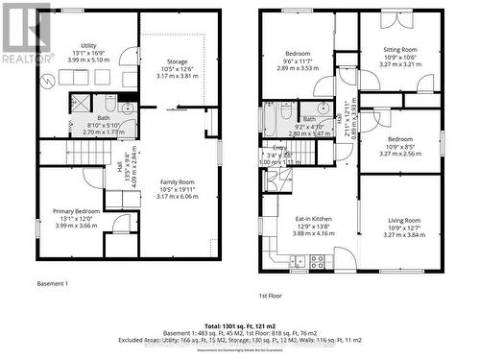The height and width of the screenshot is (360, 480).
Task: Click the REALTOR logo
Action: tap(26, 34)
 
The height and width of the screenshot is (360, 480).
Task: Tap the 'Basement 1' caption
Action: tap(53, 284)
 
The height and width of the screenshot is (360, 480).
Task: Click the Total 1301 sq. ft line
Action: tap(240, 315)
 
